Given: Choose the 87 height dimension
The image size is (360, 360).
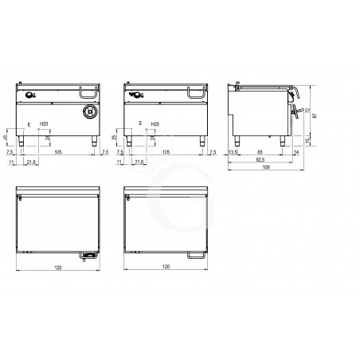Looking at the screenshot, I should [x=316, y=116].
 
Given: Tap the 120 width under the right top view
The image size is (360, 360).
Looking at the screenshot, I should [x=165, y=268].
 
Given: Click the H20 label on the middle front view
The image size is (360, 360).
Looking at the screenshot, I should [x=155, y=125].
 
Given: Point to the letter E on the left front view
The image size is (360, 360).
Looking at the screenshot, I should [x=29, y=125].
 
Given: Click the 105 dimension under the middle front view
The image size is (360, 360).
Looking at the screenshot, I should [x=166, y=150].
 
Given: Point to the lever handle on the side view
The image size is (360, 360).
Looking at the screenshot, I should [x=297, y=112].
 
